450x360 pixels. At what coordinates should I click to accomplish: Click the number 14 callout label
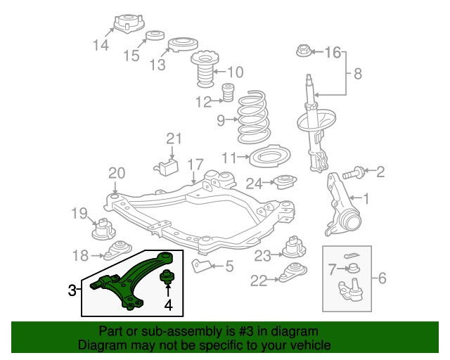click(101, 46)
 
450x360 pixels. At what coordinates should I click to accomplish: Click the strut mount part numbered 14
click(124, 23)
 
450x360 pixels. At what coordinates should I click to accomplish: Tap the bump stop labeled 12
click(228, 93)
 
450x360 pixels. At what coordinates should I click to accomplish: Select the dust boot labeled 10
click(204, 71)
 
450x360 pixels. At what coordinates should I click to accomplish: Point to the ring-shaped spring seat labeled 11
click(271, 156)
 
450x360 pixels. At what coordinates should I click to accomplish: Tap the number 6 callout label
click(382, 279)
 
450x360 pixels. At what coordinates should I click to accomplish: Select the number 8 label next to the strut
click(357, 73)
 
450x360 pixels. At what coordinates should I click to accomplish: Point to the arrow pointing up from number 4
click(168, 291)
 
